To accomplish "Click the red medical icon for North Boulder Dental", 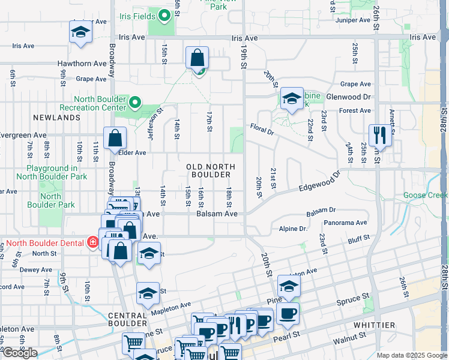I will [92, 242].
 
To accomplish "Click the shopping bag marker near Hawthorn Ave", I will [197, 58].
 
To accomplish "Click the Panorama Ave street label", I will [345, 223].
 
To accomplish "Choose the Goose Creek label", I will [426, 195].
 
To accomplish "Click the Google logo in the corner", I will [20, 353].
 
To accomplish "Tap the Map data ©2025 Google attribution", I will [412, 355].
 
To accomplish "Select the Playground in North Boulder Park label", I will [52, 173].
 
